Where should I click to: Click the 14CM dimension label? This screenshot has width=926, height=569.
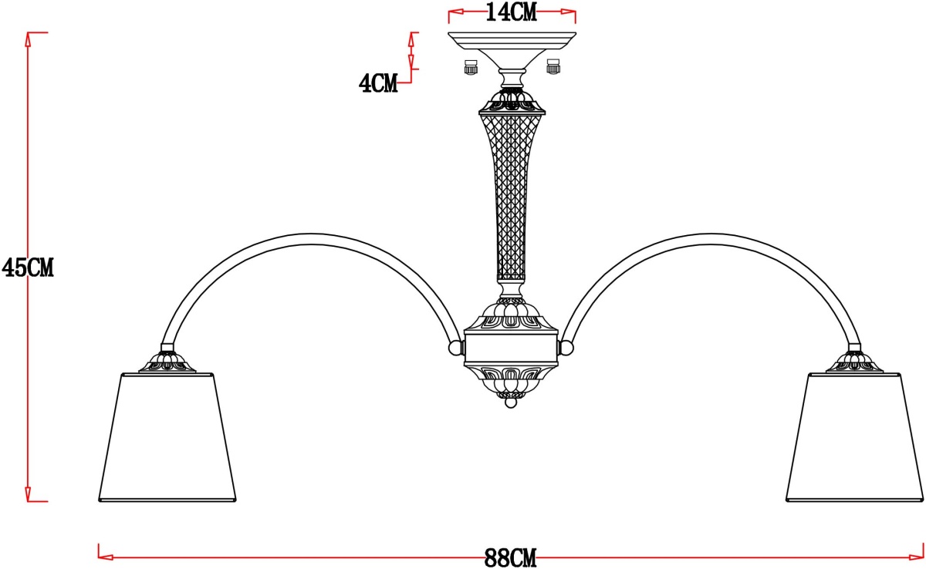(512, 12)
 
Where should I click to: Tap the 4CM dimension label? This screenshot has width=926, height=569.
(378, 83)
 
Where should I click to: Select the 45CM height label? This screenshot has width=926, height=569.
(28, 268)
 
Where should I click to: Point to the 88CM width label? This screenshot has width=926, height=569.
(511, 558)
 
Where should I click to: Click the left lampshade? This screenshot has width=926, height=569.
(167, 437)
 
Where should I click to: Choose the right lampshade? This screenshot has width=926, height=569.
(854, 437)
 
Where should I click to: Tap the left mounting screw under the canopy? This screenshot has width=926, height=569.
(471, 67)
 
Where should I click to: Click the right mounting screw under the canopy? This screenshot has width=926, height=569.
(553, 67)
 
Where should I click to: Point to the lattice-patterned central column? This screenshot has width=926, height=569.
(512, 197)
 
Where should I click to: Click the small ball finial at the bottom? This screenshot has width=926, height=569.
(511, 402)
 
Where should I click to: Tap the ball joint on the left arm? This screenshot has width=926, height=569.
(455, 348)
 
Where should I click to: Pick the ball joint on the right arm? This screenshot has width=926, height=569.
(566, 348)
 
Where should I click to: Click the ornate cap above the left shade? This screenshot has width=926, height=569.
(167, 362)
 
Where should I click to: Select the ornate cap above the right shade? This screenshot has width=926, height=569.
(854, 362)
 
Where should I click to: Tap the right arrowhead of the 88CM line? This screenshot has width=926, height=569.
(917, 557)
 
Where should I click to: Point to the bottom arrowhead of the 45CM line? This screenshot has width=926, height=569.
(28, 494)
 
